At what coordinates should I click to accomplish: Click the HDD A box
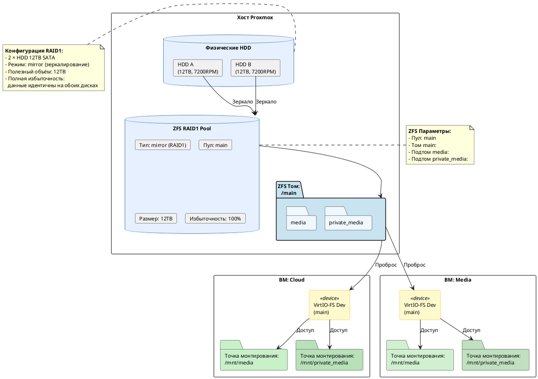[x=198, y=68]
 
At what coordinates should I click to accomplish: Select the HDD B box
[x=255, y=68]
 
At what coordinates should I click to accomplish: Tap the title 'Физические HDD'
[x=228, y=48]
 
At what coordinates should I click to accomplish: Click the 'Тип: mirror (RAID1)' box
[x=163, y=145]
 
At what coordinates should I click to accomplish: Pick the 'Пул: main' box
[x=215, y=145]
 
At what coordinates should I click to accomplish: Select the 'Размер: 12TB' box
[x=156, y=219]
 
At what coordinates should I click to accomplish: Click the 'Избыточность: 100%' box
[x=215, y=219]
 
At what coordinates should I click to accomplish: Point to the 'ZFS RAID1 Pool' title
[x=192, y=129]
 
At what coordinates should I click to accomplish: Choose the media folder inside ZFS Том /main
[x=301, y=219]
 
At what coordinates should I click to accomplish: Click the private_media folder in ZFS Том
[x=348, y=219]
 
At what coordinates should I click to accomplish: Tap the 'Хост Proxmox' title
[x=255, y=17]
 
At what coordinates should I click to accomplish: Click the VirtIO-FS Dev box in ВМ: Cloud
[x=329, y=305]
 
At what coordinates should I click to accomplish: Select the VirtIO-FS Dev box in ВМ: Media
[x=420, y=305]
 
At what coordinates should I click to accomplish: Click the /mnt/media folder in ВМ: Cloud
[x=254, y=355]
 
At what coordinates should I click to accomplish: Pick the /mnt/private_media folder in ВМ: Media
[x=495, y=355]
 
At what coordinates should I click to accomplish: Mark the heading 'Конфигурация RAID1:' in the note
[x=34, y=51]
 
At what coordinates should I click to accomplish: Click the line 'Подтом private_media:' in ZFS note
[x=438, y=159]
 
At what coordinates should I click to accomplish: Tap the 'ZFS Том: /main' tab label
[x=289, y=189]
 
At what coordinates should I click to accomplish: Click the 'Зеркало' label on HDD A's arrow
[x=243, y=102]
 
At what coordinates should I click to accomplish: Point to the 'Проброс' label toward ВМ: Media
[x=415, y=265]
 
